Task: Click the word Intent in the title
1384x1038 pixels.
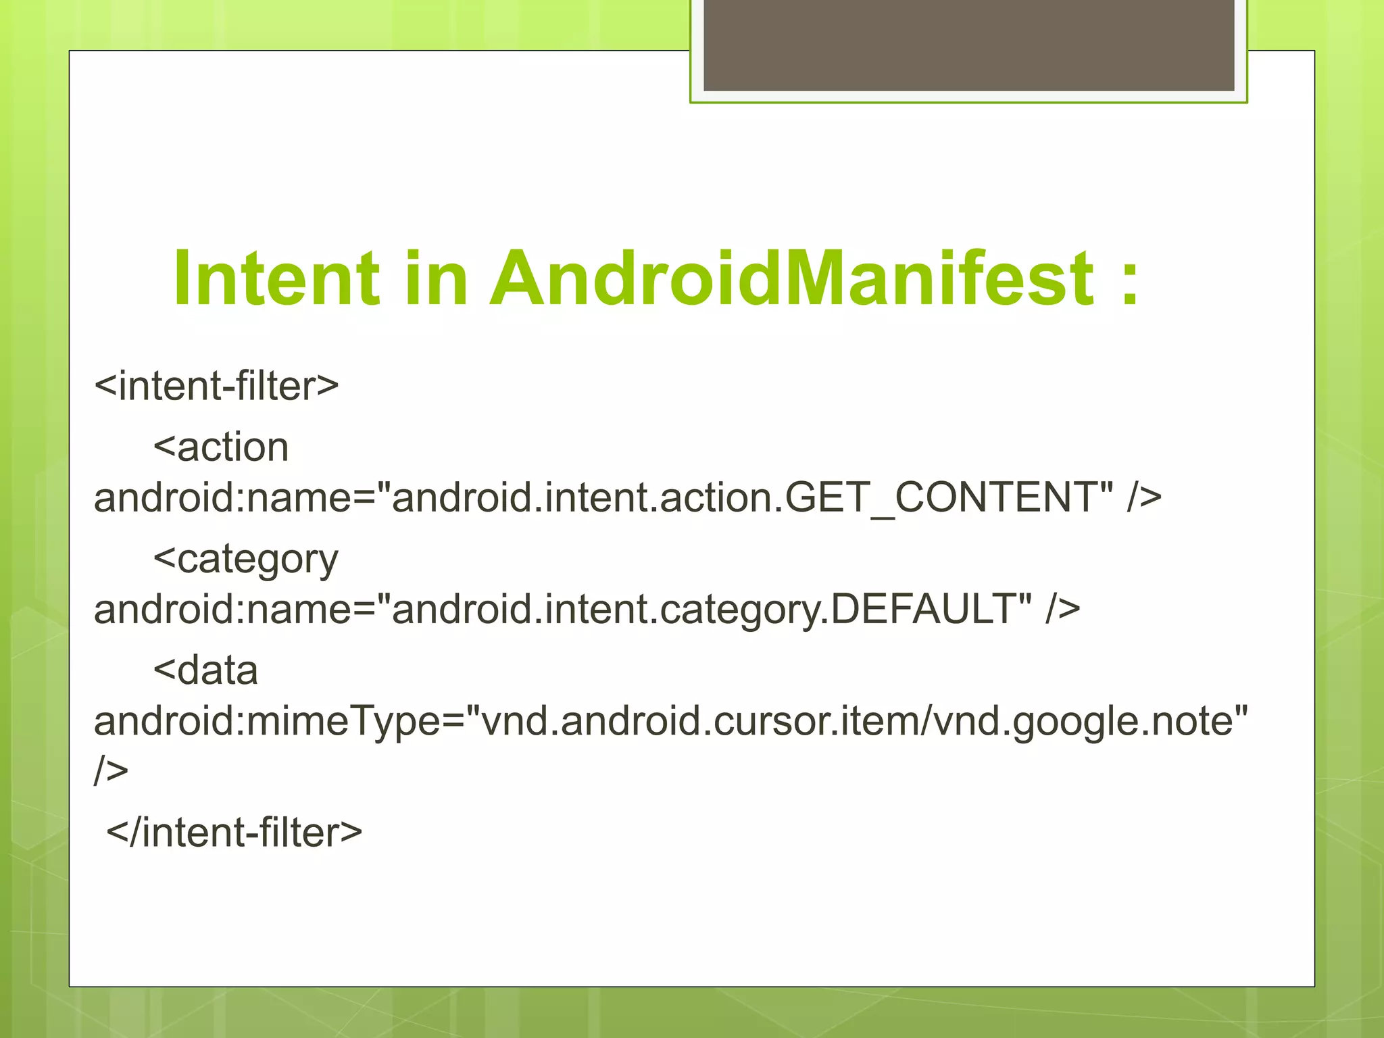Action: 276,278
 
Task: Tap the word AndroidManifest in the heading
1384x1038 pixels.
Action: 791,278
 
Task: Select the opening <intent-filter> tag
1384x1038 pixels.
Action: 216,386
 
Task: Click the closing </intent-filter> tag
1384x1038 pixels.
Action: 234,832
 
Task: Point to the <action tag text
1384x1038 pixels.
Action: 221,447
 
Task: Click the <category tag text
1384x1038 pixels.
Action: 245,560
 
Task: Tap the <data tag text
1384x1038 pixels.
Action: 205,670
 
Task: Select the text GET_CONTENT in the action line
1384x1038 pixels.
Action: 940,497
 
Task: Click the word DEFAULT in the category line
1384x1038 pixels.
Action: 922,609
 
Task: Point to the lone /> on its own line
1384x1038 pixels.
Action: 111,770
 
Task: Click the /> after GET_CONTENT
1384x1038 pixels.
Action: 1143,497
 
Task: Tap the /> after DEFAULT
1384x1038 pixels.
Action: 1062,609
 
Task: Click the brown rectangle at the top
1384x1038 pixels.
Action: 968,45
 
